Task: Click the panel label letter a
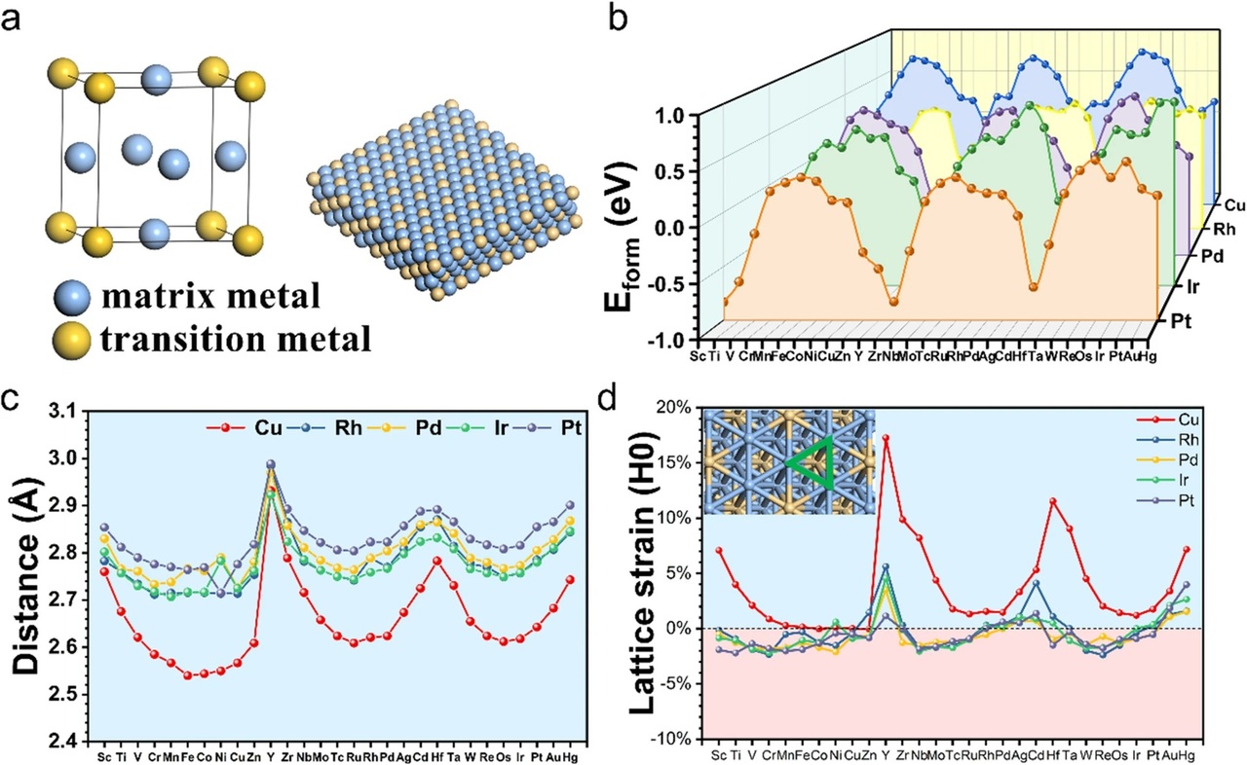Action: coord(13,18)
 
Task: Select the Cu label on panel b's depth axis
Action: coord(1232,205)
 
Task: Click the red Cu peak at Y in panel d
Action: coord(886,437)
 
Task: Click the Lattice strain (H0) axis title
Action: coord(645,574)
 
